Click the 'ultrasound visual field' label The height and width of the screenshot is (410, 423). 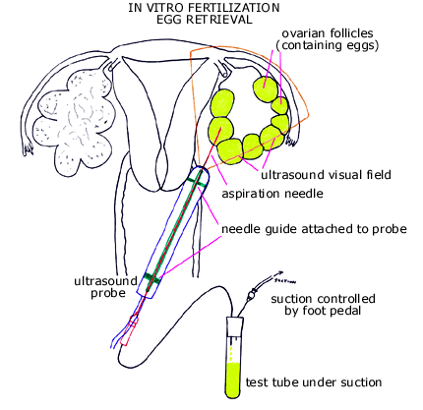pos(327,175)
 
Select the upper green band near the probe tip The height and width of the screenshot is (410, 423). pos(201,180)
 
